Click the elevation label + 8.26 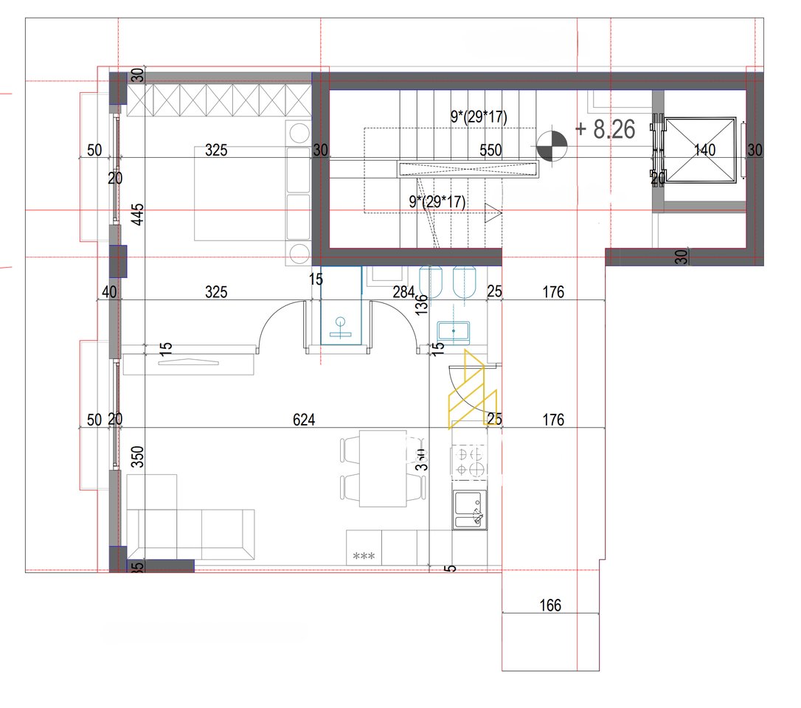coord(605,130)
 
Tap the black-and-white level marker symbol coord(552,145)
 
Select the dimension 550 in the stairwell coord(490,150)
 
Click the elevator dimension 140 coord(705,150)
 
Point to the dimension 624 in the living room coord(304,420)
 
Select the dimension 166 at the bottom coord(550,606)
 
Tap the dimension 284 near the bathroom coord(403,292)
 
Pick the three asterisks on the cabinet coord(364,556)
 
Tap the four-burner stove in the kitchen coord(470,460)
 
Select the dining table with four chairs coord(383,469)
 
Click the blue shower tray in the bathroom coord(341,305)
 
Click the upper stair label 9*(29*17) coord(479,116)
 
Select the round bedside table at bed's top coord(299,133)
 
